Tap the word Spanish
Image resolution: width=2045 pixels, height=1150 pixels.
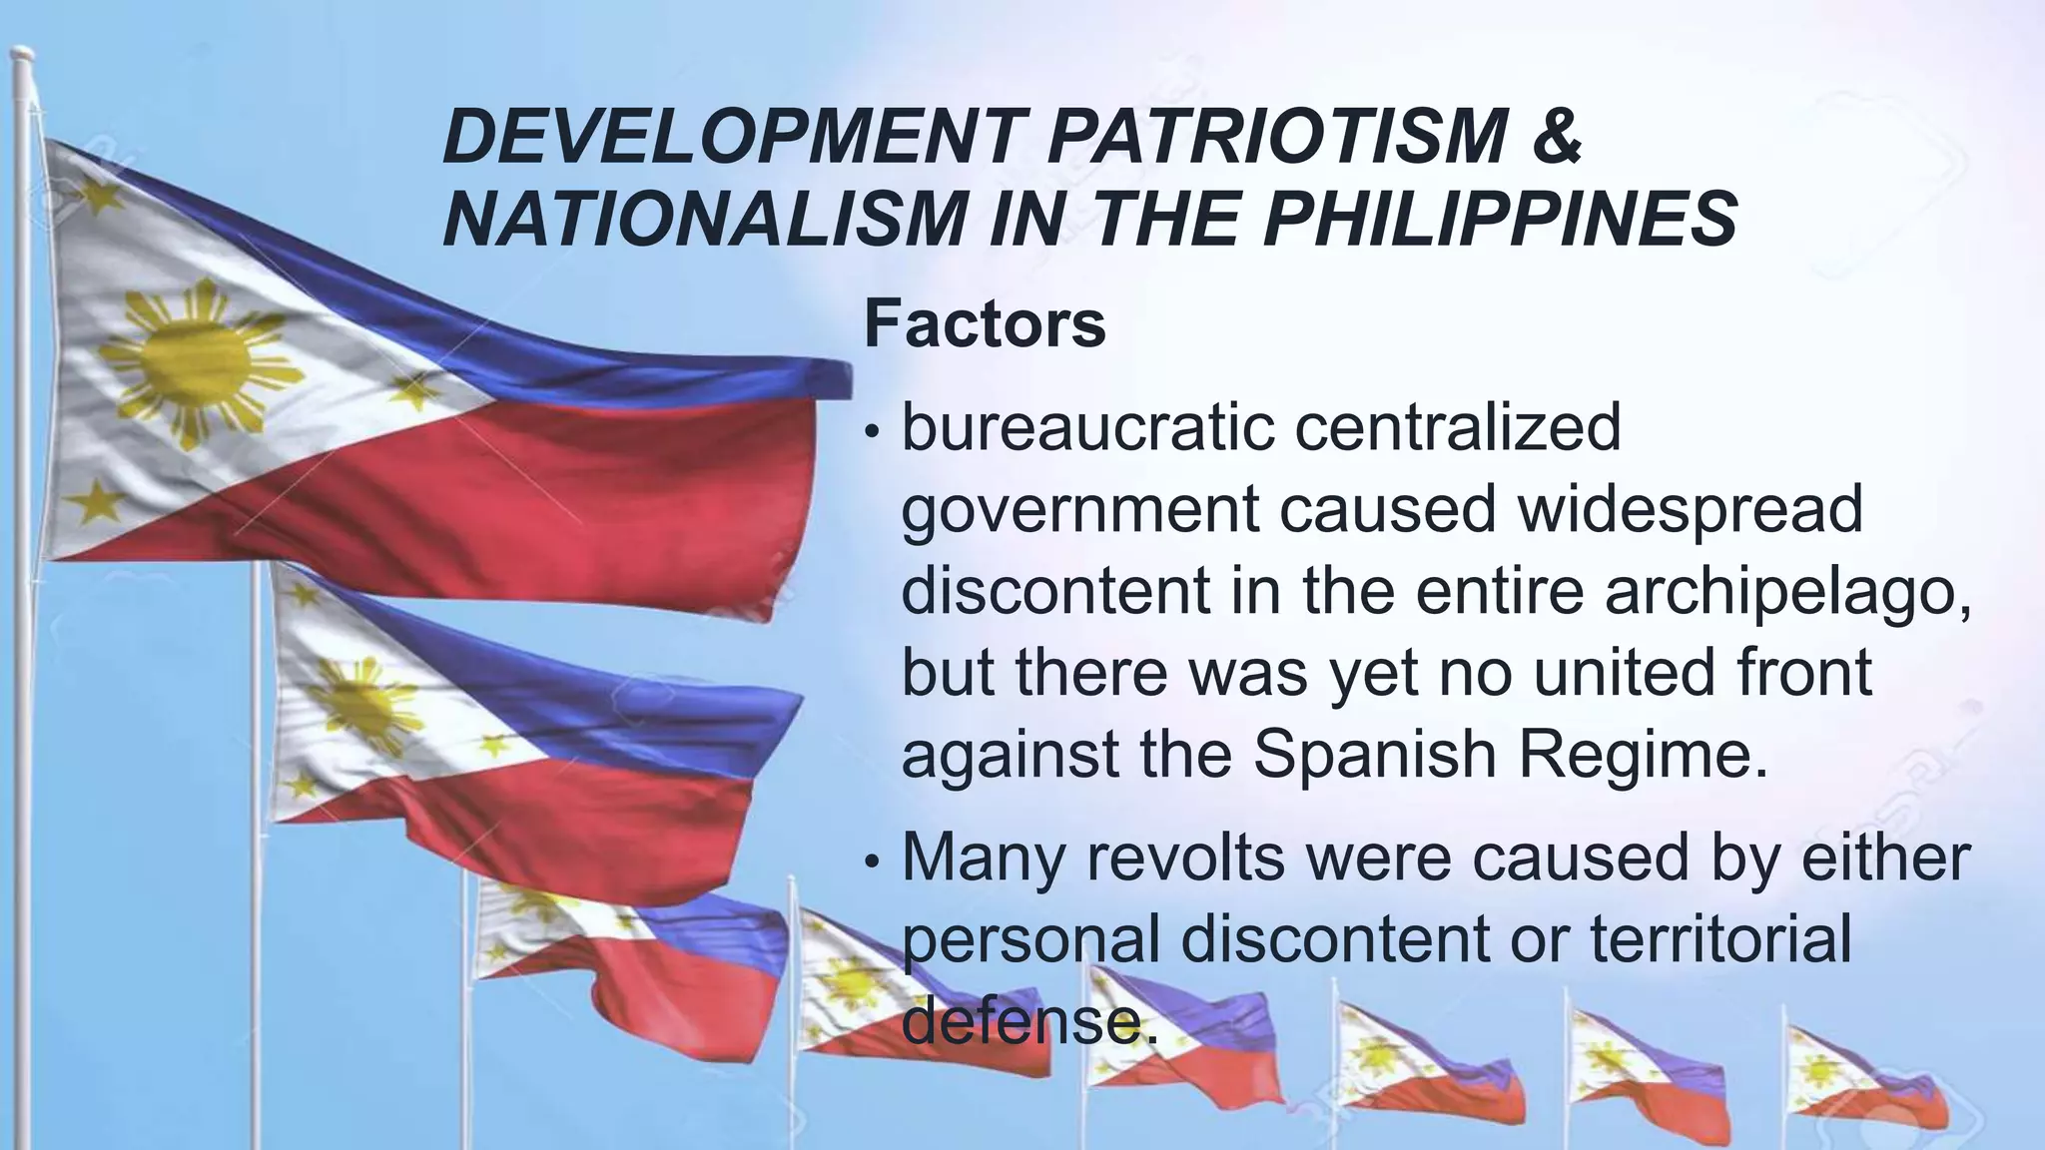click(x=1375, y=755)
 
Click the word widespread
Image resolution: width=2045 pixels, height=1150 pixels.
click(x=1689, y=509)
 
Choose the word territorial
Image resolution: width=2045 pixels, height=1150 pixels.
click(x=1719, y=938)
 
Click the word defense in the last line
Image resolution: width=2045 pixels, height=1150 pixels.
click(x=1028, y=1020)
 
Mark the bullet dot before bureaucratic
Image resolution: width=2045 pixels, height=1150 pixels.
click(x=873, y=433)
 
